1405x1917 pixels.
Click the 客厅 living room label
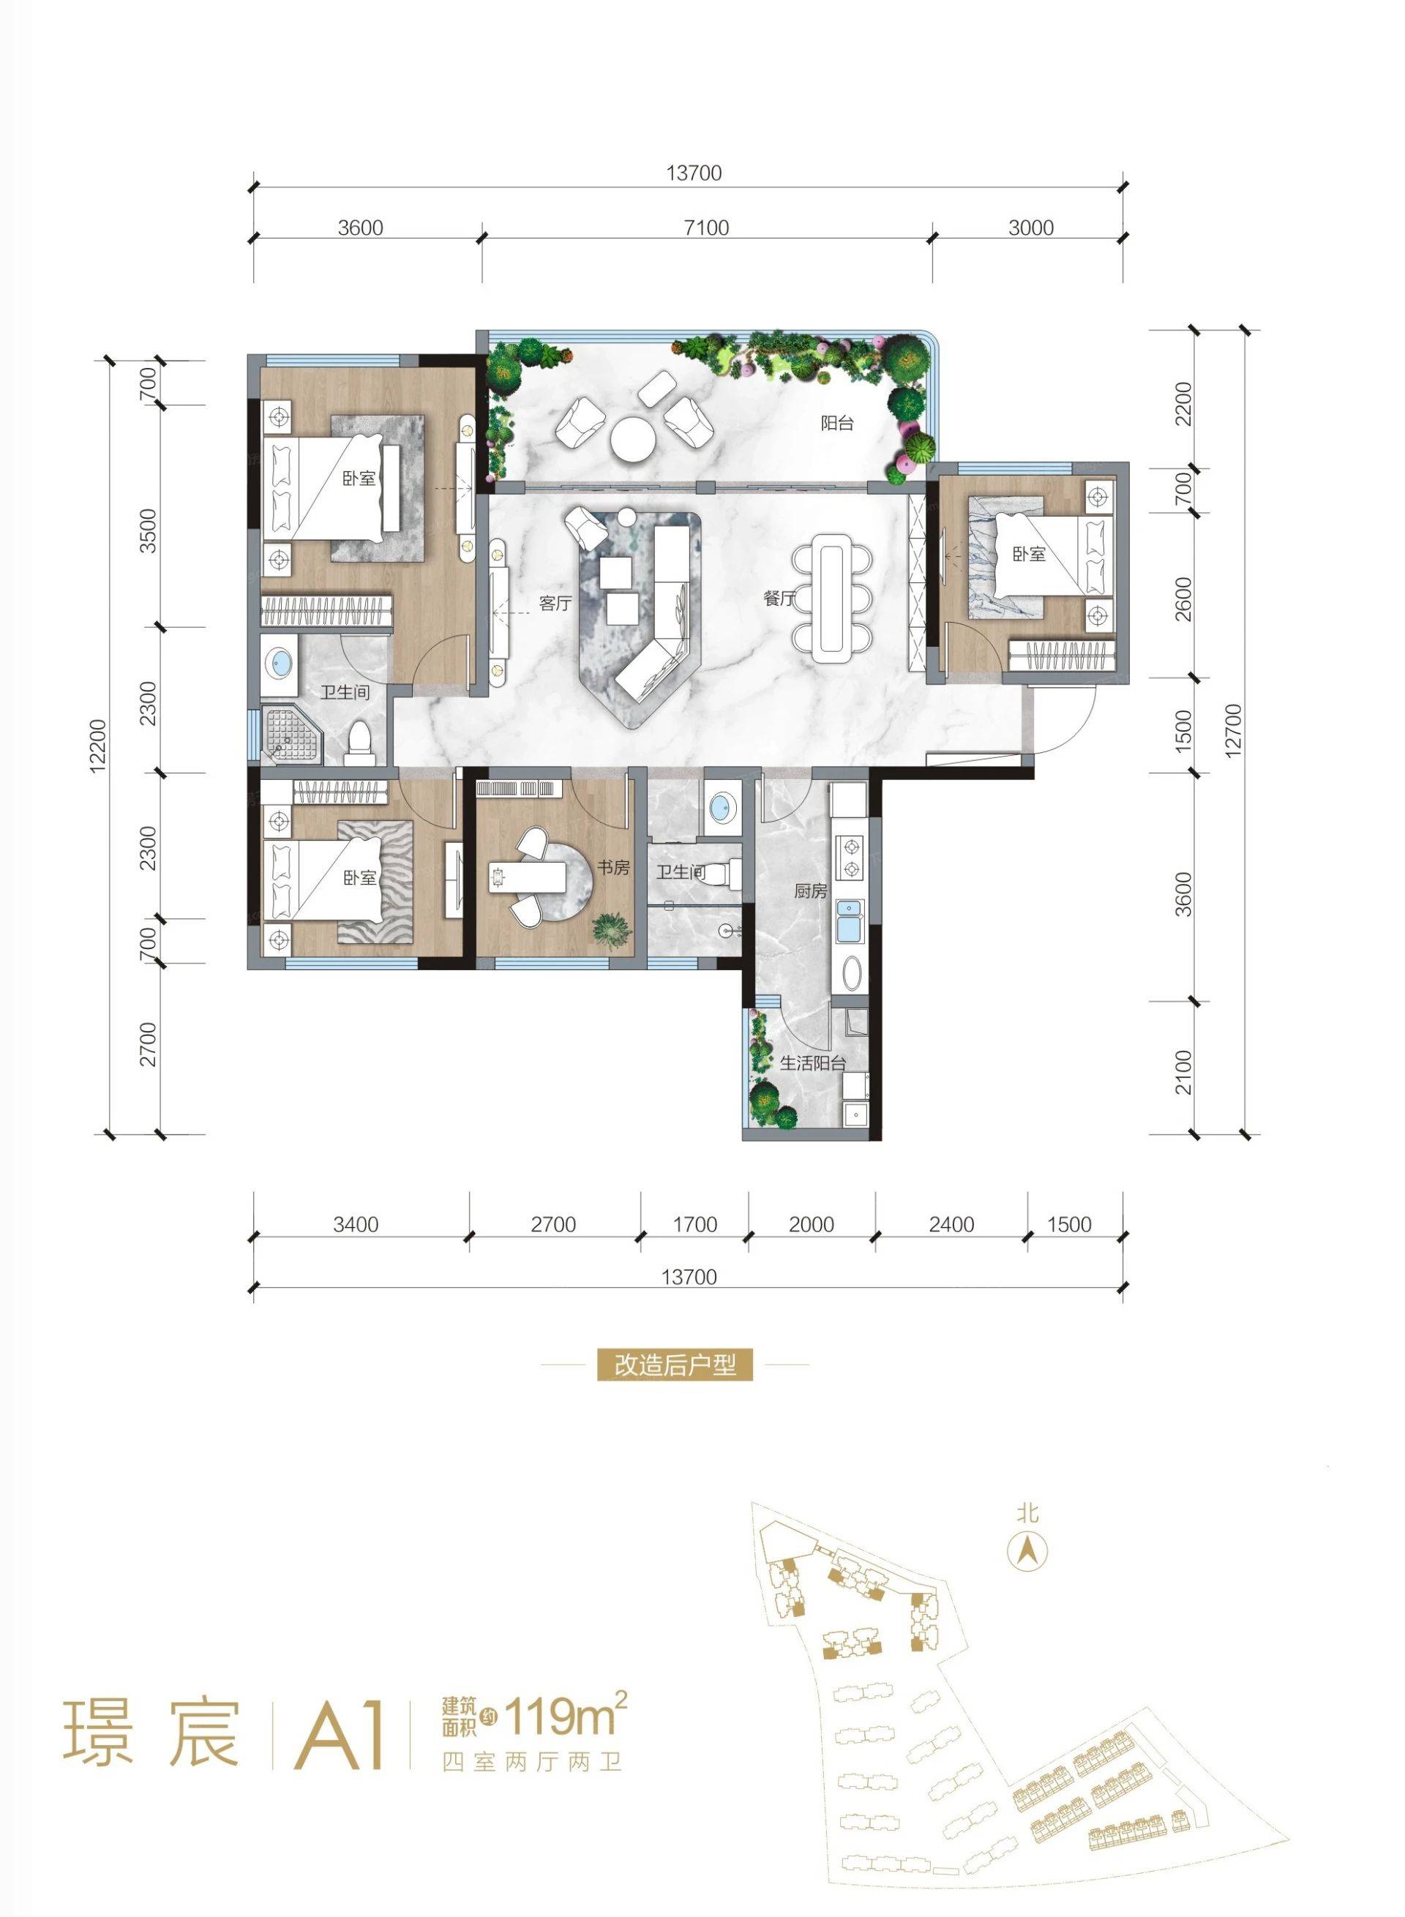[x=555, y=603]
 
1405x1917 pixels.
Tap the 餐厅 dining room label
[x=779, y=598]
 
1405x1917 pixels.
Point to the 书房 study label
[x=612, y=869]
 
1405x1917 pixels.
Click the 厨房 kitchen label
[x=812, y=891]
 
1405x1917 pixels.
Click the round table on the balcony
[x=632, y=440]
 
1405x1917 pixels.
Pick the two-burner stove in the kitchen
[x=848, y=858]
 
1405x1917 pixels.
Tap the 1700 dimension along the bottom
[x=695, y=1225]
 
